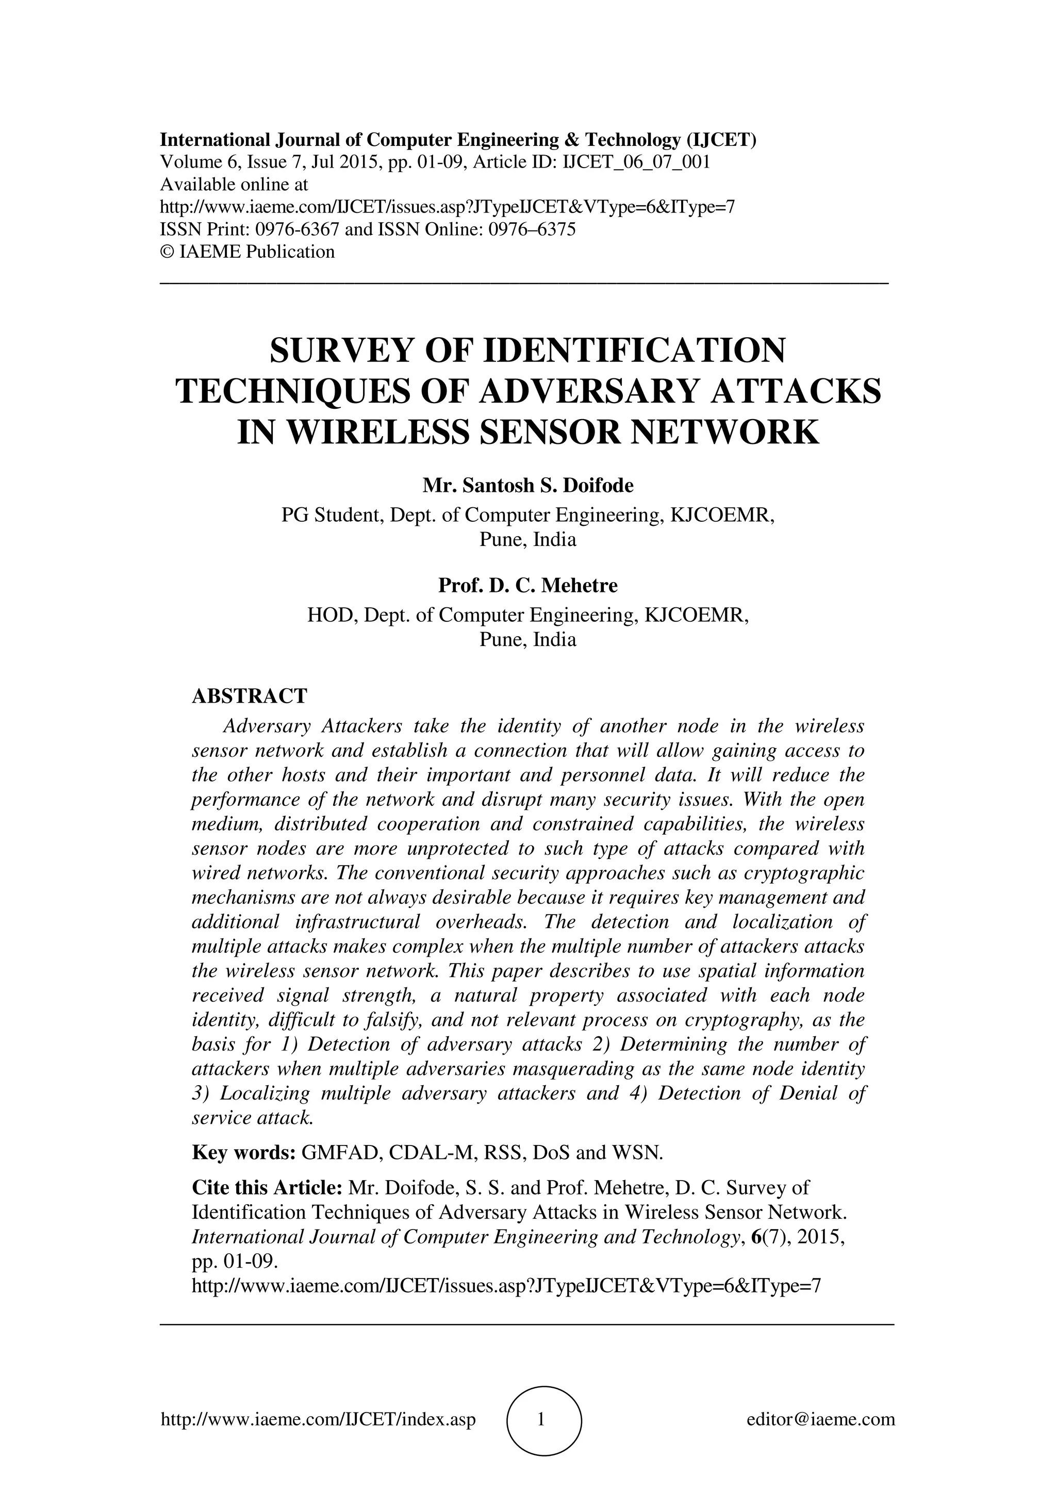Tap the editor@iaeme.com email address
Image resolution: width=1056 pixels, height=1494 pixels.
coord(820,1419)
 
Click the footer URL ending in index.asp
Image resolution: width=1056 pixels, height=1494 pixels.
coord(318,1419)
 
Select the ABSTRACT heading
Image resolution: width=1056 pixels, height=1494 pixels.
coord(249,696)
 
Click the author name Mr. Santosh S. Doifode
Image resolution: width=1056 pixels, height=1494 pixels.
coord(527,486)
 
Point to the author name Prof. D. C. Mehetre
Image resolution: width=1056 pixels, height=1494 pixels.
coord(527,586)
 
